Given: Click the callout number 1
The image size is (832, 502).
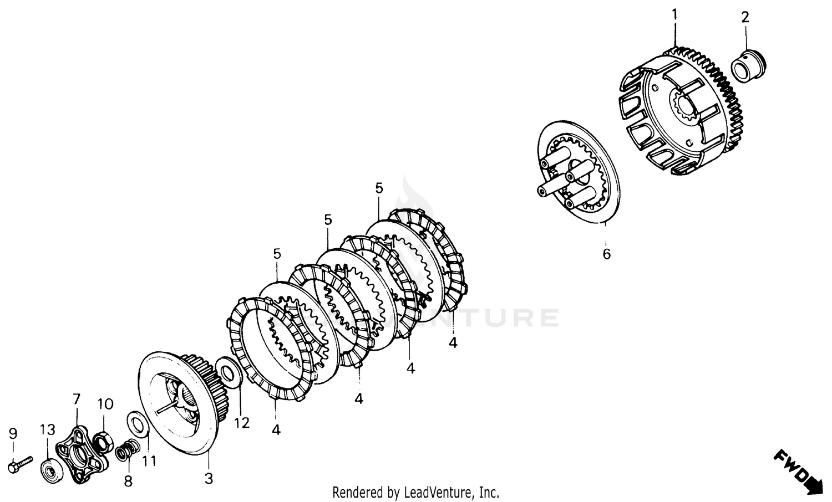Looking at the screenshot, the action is (x=674, y=15).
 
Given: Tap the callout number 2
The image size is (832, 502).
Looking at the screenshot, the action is (x=745, y=17).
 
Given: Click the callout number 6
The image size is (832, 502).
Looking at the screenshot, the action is (x=606, y=254).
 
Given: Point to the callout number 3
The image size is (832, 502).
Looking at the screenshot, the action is (x=209, y=478).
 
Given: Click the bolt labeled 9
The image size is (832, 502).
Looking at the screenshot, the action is (x=20, y=464).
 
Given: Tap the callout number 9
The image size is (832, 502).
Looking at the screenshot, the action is (x=13, y=433).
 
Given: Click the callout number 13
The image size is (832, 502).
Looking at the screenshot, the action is (x=48, y=429).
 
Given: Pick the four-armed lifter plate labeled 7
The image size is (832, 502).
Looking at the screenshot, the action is (x=81, y=454).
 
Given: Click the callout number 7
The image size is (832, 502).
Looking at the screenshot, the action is (x=76, y=399).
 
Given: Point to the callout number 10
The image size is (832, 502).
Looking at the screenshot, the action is (x=105, y=404).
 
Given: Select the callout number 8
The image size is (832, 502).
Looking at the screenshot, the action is (x=128, y=481).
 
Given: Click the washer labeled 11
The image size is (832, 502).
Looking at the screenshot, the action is (x=138, y=424).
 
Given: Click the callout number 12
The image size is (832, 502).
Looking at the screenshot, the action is (x=242, y=423).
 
